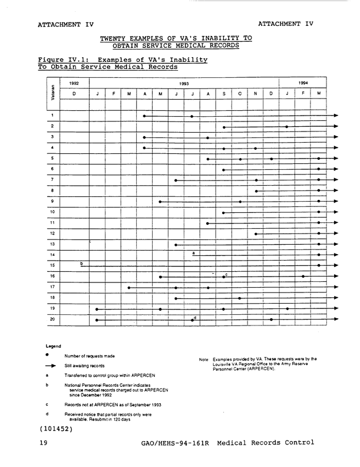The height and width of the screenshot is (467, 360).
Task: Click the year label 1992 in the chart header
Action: (x=74, y=84)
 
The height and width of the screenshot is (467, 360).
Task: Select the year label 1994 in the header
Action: (x=303, y=83)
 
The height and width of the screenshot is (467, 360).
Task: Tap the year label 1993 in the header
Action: (x=184, y=84)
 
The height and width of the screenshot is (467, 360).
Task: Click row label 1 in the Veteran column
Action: (x=52, y=116)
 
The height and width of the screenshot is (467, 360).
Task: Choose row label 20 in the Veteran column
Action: (x=52, y=319)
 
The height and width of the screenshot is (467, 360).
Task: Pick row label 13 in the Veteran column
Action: (x=52, y=244)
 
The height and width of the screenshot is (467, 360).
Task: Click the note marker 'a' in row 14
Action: (x=193, y=252)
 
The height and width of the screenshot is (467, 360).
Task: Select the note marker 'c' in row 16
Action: (x=226, y=275)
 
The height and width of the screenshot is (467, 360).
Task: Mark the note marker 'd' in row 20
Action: (x=195, y=318)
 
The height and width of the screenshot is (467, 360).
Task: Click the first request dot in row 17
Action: (x=129, y=288)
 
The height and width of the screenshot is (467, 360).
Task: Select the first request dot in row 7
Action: (x=176, y=180)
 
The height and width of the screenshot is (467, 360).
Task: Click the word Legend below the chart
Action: (x=54, y=346)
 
